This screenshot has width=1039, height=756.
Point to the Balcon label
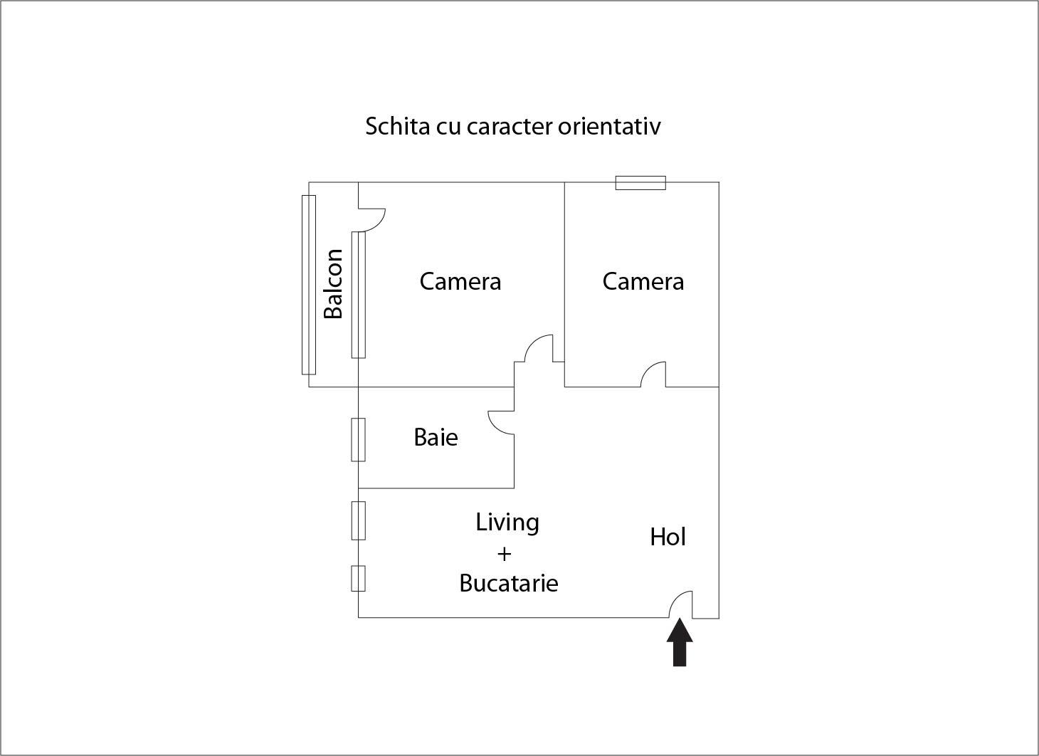click(333, 283)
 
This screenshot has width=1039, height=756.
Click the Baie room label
click(436, 437)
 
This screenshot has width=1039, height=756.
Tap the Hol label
click(668, 537)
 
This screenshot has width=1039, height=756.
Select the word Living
click(507, 523)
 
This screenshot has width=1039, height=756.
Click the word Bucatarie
click(508, 583)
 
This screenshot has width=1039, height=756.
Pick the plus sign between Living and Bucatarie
click(504, 553)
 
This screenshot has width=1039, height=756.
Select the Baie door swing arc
click(500, 421)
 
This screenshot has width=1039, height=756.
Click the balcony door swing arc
click(373, 219)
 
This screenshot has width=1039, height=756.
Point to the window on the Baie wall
click(358, 439)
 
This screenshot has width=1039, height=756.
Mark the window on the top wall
click(640, 183)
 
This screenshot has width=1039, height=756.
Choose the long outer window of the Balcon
click(308, 284)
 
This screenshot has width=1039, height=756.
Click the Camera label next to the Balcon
click(460, 281)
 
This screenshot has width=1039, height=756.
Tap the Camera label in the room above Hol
click(643, 281)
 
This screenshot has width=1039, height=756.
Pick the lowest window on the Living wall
click(358, 578)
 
